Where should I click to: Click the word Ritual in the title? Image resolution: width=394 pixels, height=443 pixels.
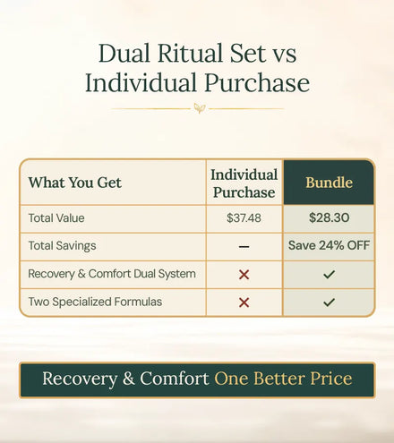[x=191, y=54]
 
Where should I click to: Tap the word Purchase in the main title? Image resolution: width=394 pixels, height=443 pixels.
[x=257, y=82]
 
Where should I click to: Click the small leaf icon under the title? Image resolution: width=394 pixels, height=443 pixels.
[x=199, y=108]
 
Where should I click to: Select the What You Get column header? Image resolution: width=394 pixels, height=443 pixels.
[x=75, y=183]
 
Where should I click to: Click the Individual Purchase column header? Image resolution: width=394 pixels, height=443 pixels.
[x=244, y=183]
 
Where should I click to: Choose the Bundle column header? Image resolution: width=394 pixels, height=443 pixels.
[x=329, y=183]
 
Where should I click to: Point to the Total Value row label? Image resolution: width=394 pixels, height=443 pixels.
[x=56, y=218]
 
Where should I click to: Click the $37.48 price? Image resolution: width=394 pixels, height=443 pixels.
[x=244, y=218]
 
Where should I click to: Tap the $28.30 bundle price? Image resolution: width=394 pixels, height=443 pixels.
[x=329, y=217]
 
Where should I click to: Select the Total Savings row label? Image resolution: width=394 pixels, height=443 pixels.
[x=62, y=246]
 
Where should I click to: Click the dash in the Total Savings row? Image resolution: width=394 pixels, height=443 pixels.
[x=244, y=247]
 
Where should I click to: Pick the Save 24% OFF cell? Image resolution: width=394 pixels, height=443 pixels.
[x=329, y=245]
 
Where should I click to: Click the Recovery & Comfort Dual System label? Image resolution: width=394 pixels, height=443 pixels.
[x=112, y=274]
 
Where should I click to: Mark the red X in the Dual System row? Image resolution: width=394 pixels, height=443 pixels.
[x=244, y=275]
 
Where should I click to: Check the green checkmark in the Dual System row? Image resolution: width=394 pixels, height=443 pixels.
[x=329, y=274]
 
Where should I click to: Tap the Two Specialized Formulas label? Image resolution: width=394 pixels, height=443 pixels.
[x=95, y=302]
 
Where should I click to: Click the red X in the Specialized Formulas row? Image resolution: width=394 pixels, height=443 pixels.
[x=244, y=302]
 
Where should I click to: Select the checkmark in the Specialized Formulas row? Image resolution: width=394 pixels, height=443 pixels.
[x=329, y=302]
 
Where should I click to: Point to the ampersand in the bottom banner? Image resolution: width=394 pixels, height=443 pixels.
[x=128, y=379]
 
